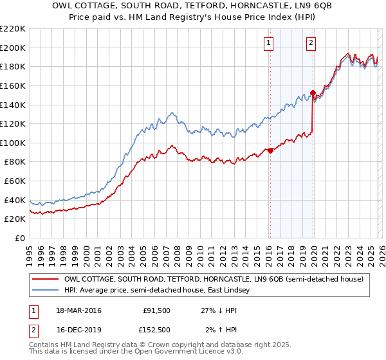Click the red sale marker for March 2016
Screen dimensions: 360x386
[x=270, y=150]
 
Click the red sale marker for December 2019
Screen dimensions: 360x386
[x=313, y=93]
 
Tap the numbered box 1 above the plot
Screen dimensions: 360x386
[x=268, y=43]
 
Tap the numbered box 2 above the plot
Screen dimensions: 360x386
[x=311, y=43]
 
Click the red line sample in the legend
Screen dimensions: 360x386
[x=46, y=279]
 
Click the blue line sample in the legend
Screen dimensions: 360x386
[x=46, y=291]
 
